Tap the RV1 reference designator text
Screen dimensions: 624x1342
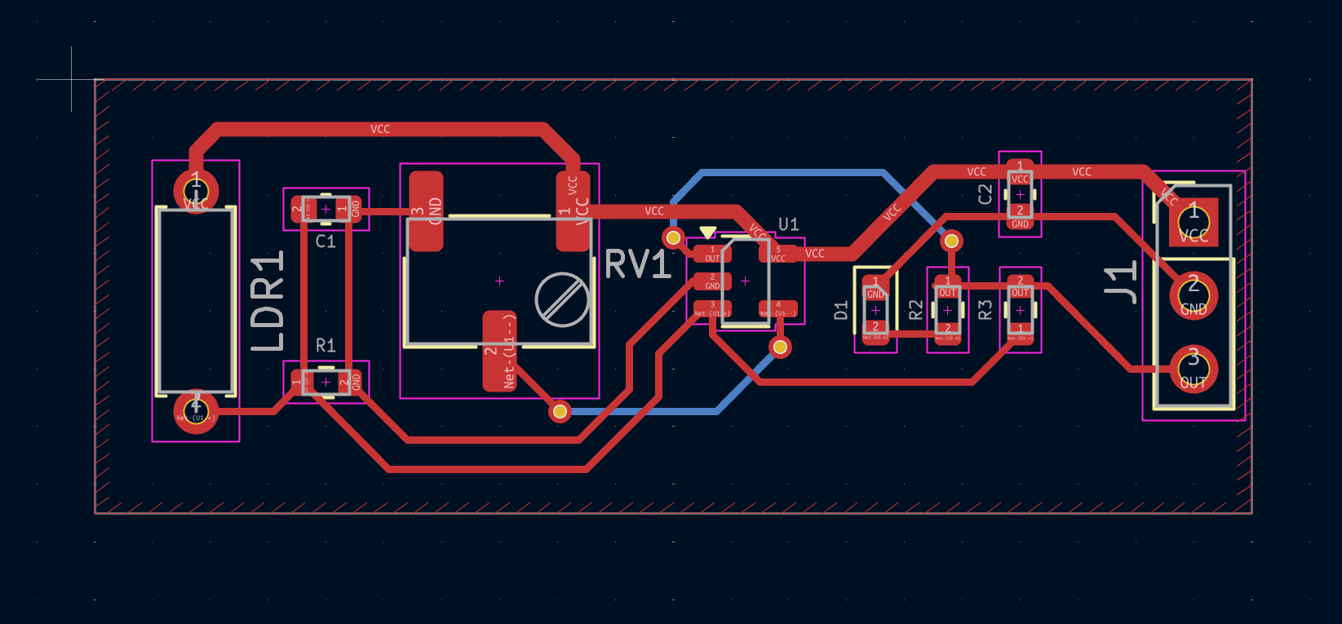[x=637, y=265]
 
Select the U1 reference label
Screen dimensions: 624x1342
[x=788, y=224]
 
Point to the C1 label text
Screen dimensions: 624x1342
[x=326, y=241]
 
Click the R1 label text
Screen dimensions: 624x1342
[x=326, y=345]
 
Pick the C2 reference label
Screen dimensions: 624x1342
[x=985, y=194]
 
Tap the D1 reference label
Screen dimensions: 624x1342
[x=841, y=310]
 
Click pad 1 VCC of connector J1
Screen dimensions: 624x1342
[x=1194, y=222]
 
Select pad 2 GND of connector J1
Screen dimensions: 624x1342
[x=1194, y=295]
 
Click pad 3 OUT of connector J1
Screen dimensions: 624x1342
[x=1194, y=369]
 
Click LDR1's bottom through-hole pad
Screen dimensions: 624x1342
[x=196, y=411]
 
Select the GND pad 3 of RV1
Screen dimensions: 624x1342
[x=426, y=210]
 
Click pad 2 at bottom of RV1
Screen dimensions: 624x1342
[x=499, y=351]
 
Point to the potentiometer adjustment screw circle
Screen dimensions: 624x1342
[x=562, y=299]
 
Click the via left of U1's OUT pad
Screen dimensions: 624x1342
[x=673, y=237]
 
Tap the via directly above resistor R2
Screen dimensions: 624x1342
[x=951, y=241]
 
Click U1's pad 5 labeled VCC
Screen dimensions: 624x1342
[x=777, y=254]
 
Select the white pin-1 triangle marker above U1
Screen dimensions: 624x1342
[x=708, y=232]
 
